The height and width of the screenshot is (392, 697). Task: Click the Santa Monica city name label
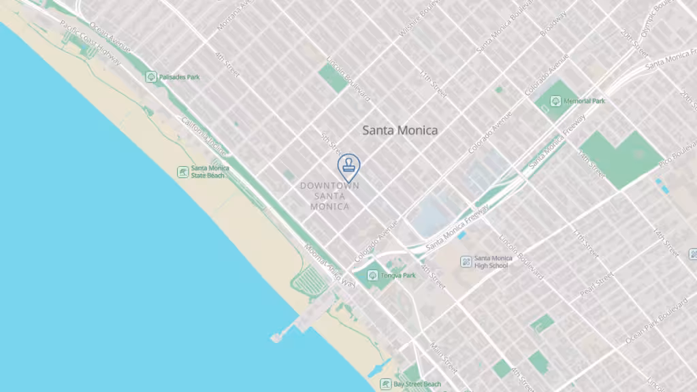click(x=400, y=130)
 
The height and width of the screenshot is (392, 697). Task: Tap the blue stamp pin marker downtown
click(x=348, y=165)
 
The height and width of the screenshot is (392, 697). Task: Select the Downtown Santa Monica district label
click(x=330, y=195)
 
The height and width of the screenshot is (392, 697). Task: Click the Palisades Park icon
click(x=151, y=77)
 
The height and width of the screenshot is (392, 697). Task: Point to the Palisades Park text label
click(x=180, y=78)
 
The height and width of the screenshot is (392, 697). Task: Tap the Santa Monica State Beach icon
click(x=182, y=171)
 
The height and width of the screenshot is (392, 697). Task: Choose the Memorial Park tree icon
click(x=555, y=101)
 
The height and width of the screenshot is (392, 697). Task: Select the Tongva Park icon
click(x=372, y=276)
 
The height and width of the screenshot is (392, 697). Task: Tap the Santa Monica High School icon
click(x=466, y=261)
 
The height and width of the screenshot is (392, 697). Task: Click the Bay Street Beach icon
click(x=386, y=385)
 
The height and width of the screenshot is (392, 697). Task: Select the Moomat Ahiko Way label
click(x=329, y=265)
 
